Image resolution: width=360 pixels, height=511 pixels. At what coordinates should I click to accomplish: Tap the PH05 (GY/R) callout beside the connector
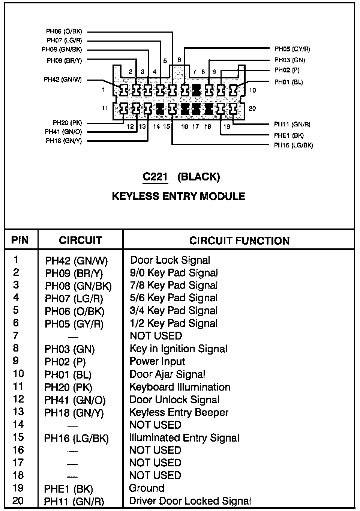click(x=292, y=49)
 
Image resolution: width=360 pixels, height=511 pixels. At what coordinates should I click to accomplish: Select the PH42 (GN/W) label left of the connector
click(x=63, y=80)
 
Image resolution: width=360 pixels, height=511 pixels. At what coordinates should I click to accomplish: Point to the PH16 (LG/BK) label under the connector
click(x=293, y=145)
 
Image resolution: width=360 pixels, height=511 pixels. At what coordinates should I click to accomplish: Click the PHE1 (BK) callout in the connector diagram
click(x=289, y=135)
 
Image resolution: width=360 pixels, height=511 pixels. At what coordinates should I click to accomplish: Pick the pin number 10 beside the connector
click(x=252, y=90)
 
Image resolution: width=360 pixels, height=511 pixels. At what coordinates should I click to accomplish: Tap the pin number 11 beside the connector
click(x=105, y=108)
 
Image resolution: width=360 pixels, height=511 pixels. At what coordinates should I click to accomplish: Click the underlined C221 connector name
click(x=155, y=177)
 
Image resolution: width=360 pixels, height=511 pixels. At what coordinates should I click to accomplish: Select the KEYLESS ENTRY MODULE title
click(x=178, y=196)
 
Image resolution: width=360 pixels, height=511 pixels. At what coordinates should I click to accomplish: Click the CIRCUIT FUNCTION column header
click(x=239, y=240)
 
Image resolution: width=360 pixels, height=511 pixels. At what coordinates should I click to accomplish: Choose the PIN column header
click(x=20, y=240)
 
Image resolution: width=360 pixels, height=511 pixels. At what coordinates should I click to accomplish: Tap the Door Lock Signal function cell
click(x=170, y=260)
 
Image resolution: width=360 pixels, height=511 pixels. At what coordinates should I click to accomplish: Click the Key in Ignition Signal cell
click(x=178, y=349)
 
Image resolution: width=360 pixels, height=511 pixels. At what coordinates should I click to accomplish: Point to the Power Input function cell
click(x=157, y=362)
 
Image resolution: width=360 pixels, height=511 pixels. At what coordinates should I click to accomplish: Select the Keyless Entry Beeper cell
click(x=178, y=412)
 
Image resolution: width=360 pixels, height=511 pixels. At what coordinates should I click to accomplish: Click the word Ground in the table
click(x=147, y=488)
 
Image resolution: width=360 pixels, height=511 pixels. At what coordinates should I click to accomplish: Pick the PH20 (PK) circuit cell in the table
click(x=68, y=387)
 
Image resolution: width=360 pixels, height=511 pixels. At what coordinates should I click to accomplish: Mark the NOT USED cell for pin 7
click(x=156, y=336)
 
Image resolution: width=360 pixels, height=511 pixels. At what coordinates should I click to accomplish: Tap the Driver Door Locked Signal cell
click(x=190, y=501)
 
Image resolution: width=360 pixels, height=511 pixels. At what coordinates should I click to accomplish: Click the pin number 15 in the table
click(x=18, y=437)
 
